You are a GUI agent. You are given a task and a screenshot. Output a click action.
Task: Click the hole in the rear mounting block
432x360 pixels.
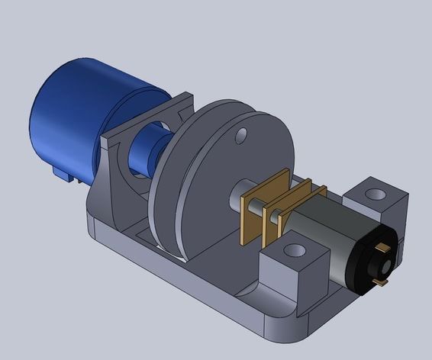374,193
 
